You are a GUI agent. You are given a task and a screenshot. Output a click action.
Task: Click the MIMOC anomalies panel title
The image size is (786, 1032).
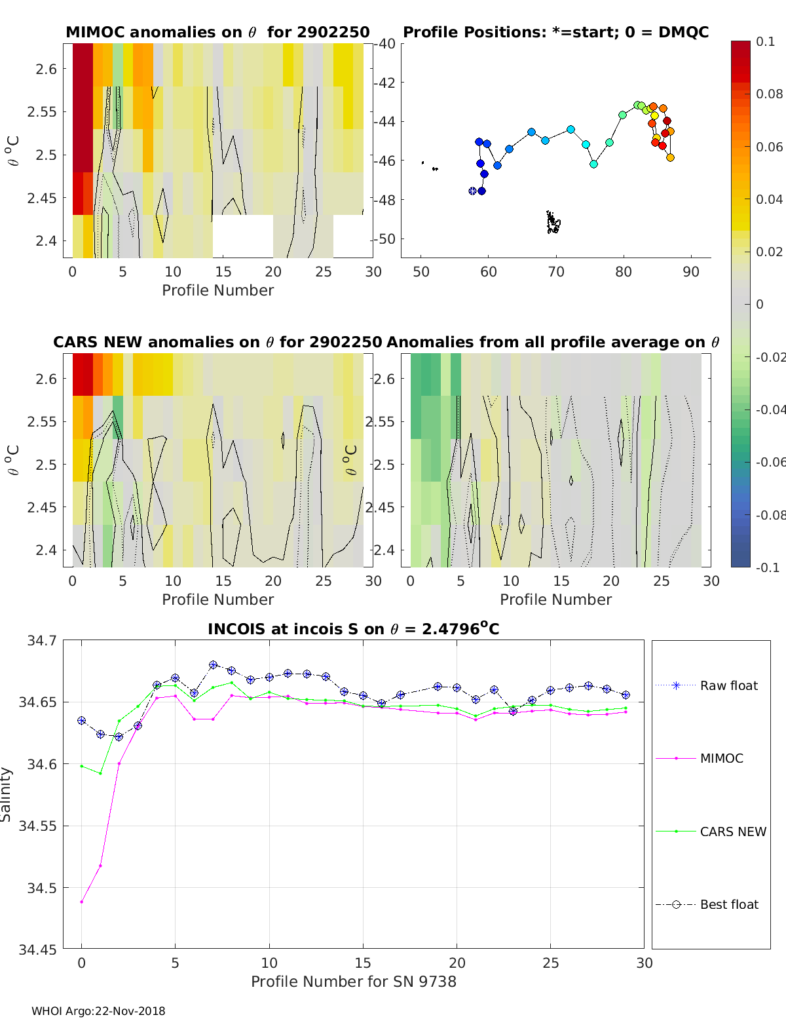pos(217,32)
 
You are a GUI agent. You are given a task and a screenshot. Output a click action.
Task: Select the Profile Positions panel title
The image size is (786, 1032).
pos(555,32)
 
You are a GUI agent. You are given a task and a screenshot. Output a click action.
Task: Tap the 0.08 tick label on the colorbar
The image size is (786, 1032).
pos(769,94)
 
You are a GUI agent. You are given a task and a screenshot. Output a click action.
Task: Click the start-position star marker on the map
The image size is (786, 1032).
pos(473,191)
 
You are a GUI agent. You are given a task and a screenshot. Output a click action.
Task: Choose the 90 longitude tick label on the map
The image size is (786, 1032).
pos(691,272)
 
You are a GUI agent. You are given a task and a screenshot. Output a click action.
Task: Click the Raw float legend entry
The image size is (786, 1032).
pos(728,685)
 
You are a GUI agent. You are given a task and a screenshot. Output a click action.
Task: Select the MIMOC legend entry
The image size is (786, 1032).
pos(721,758)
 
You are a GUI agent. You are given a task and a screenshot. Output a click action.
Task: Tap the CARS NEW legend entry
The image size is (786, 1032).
pos(733,831)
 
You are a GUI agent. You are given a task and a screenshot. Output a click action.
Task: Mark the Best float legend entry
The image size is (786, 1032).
pos(729,904)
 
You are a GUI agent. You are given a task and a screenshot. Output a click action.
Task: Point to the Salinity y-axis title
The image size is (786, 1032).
pos(7,794)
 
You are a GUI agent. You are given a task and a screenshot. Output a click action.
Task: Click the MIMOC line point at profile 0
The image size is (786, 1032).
pos(82,902)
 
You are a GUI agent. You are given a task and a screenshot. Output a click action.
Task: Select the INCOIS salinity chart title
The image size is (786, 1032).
pos(353,629)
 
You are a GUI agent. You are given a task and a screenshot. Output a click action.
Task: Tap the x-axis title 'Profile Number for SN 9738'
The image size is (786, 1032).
pos(353,982)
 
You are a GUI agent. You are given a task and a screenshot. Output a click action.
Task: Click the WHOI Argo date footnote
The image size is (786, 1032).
pos(98,1011)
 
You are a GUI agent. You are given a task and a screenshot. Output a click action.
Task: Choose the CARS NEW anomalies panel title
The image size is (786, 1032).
pos(217,342)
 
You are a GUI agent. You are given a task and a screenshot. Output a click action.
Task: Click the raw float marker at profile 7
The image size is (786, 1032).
pos(213,665)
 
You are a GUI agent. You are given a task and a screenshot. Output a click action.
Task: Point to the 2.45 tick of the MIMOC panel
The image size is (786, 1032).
pos(43,198)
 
